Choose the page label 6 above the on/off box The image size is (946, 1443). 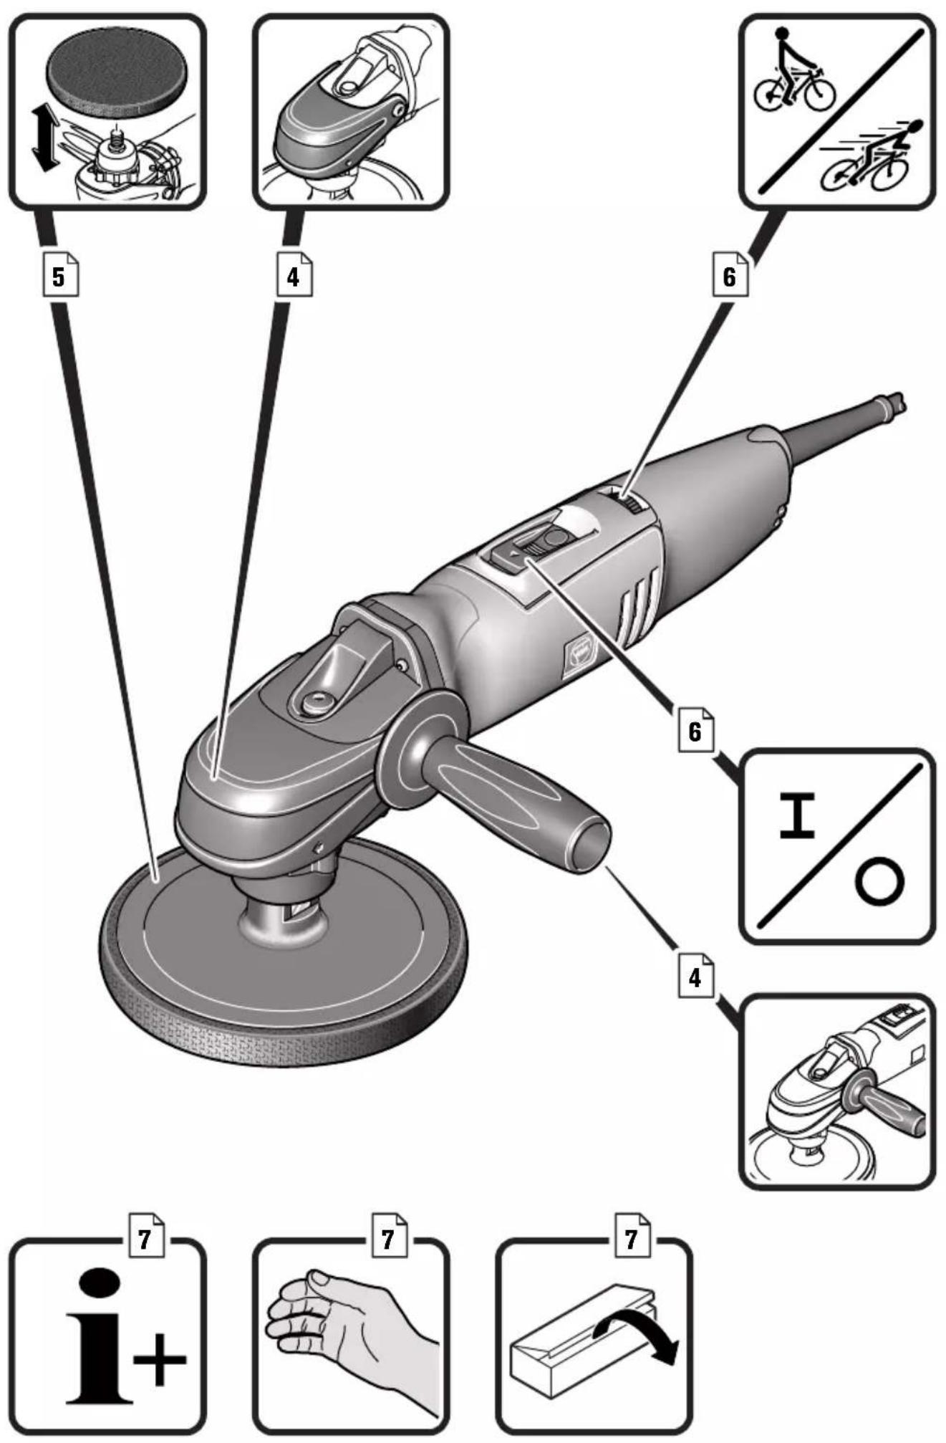tap(695, 732)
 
